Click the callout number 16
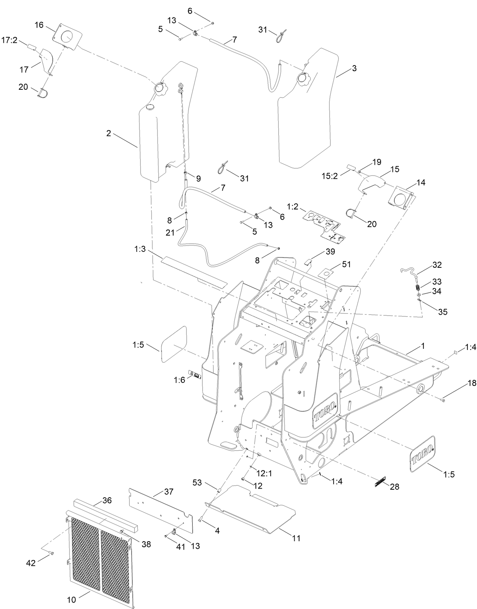39,25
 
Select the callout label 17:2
9,40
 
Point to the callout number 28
394,487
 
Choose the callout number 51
347,265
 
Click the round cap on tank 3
303,78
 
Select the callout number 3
354,69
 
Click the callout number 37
169,492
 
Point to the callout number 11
296,538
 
